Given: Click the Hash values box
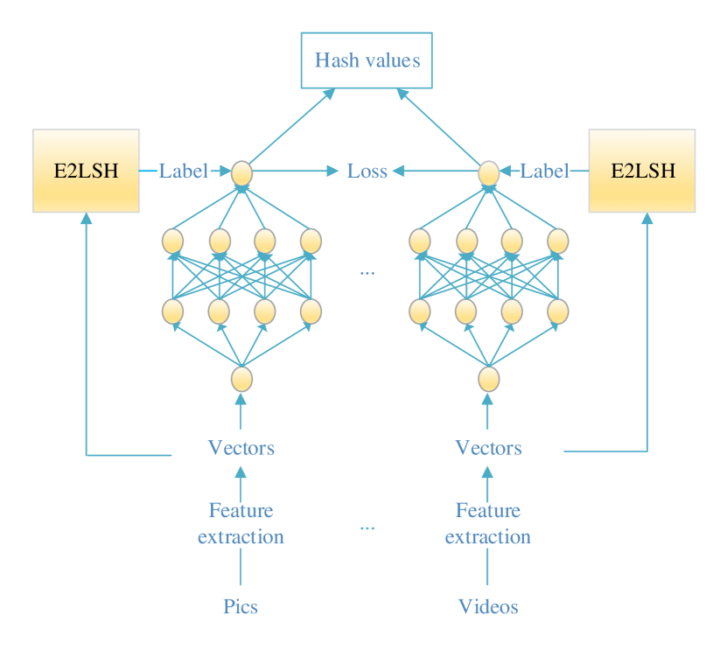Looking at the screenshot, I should (367, 60).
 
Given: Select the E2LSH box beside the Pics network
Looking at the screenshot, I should (86, 171).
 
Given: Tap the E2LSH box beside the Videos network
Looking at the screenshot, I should (642, 171).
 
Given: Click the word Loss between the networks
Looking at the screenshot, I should (367, 171).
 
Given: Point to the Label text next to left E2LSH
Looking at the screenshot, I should (183, 171).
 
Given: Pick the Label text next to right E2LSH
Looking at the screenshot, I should (544, 171).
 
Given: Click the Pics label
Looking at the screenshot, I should (241, 606).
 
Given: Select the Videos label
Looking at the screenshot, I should (488, 606).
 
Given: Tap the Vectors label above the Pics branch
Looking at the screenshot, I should (241, 449).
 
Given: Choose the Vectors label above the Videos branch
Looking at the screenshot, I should (488, 449).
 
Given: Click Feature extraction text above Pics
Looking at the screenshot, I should (241, 523).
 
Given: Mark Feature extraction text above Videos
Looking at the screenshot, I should (488, 523).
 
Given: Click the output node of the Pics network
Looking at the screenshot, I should (241, 172).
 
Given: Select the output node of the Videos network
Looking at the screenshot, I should (488, 172).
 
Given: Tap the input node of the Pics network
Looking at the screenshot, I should (241, 379).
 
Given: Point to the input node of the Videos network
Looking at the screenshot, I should (488, 379).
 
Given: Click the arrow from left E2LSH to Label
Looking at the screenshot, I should (149, 171).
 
